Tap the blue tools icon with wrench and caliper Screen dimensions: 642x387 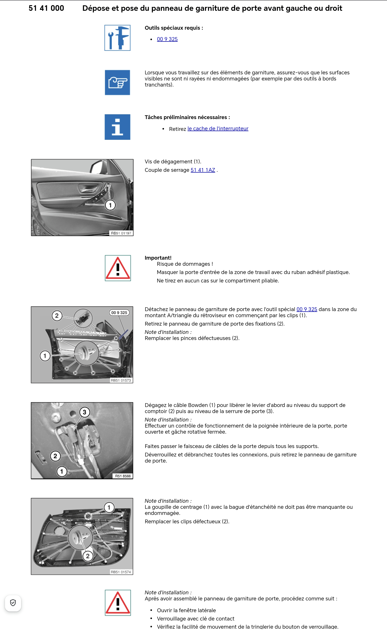pyautogui.click(x=117, y=38)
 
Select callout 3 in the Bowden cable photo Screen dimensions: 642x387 pyautogui.click(x=84, y=412)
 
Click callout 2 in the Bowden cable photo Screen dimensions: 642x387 pyautogui.click(x=55, y=456)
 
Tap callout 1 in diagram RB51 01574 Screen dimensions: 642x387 pyautogui.click(x=109, y=507)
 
